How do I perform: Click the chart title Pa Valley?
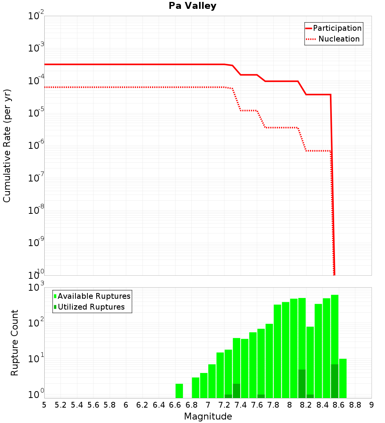tap(192, 6)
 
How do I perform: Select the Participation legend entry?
tap(333, 28)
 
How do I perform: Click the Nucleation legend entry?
tap(333, 39)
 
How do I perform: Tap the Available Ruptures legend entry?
tap(92, 296)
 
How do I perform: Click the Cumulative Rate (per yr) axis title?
tap(7, 145)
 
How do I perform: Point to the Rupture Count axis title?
tap(15, 343)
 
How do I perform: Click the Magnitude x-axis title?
tap(208, 416)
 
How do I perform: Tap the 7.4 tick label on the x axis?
tap(241, 405)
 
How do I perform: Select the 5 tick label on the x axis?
tap(44, 405)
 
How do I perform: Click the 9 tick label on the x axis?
tap(372, 405)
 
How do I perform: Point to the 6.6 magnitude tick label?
tap(175, 405)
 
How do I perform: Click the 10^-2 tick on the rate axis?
tap(36, 16)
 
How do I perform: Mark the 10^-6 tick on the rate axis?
tap(36, 146)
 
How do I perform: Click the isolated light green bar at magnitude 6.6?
tap(179, 391)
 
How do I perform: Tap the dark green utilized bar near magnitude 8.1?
tap(302, 384)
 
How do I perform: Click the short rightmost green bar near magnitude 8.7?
tap(343, 378)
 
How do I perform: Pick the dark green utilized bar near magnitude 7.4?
tap(236, 391)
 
